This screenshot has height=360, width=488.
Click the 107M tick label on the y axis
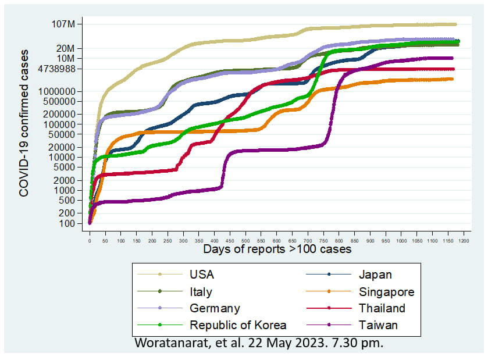click(x=63, y=24)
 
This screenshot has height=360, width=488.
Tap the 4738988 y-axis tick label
click(x=55, y=69)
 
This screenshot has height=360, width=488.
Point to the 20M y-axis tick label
click(x=65, y=48)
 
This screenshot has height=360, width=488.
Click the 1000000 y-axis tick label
click(x=56, y=91)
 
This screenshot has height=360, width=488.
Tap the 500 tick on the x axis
click(x=245, y=240)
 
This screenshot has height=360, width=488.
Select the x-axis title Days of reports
click(x=277, y=249)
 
